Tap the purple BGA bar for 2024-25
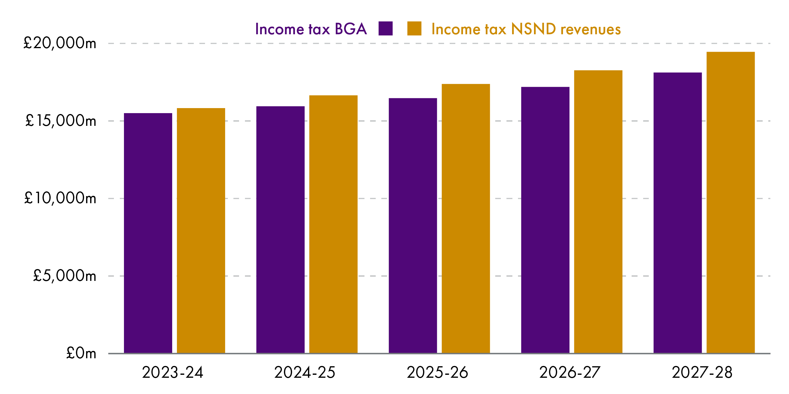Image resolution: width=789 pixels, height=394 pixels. coord(280,230)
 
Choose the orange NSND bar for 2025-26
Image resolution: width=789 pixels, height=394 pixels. coord(466,219)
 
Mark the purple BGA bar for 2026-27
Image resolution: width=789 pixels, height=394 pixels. coord(545,220)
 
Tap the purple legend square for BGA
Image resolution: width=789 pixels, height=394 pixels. coord(385,28)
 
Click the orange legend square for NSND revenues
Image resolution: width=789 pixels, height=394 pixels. coord(414,28)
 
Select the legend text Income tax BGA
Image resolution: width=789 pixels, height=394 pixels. coord(311,29)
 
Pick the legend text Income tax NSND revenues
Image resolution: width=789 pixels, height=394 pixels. coord(526,29)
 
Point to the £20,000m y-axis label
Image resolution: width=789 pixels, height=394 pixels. coord(60,43)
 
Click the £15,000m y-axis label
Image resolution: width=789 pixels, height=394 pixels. coord(60,121)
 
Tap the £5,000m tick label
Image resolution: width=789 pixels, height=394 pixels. coord(64,276)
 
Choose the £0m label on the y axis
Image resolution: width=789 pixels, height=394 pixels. coord(81,353)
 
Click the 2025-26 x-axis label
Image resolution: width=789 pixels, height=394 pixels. coord(437,372)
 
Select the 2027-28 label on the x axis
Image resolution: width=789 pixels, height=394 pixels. coord(702,372)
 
